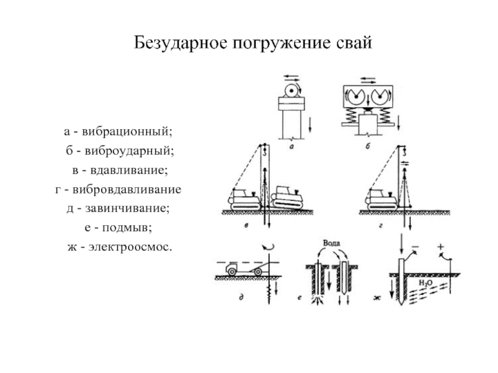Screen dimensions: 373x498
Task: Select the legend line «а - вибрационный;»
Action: [117, 132]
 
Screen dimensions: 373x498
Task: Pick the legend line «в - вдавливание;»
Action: [117, 170]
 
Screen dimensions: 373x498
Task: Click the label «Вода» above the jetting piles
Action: [331, 242]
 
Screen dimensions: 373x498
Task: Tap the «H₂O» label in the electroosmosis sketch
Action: [426, 283]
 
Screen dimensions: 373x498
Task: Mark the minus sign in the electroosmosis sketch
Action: [415, 247]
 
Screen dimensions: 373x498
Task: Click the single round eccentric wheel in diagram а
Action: [291, 91]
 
